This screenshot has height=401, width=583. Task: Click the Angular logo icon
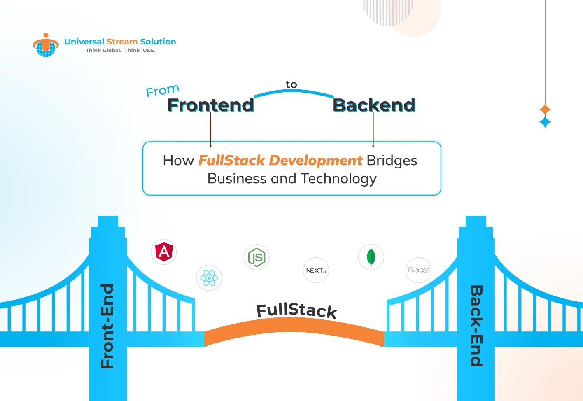[164, 252]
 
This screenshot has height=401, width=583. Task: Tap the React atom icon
[209, 278]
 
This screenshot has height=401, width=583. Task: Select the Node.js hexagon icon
[257, 257]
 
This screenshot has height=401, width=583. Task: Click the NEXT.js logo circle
[316, 270]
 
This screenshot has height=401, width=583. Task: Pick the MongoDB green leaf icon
[371, 257]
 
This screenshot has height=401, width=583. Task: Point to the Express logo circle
[418, 270]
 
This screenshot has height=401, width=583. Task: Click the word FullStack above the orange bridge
[296, 310]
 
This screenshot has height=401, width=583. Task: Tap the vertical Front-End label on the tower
[107, 326]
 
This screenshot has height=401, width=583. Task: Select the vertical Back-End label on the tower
[476, 326]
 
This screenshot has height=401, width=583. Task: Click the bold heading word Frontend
[210, 105]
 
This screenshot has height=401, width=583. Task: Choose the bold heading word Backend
[374, 105]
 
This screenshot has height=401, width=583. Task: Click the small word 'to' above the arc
[291, 84]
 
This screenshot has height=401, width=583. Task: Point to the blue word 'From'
[163, 90]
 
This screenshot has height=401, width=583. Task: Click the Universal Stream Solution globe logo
[46, 45]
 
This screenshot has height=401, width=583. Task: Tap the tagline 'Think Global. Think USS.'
[120, 51]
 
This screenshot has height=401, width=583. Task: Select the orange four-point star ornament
[545, 110]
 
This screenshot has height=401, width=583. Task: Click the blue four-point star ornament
[545, 122]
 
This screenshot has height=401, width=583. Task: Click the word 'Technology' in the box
[338, 179]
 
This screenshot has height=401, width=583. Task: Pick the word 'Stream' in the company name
[122, 42]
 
